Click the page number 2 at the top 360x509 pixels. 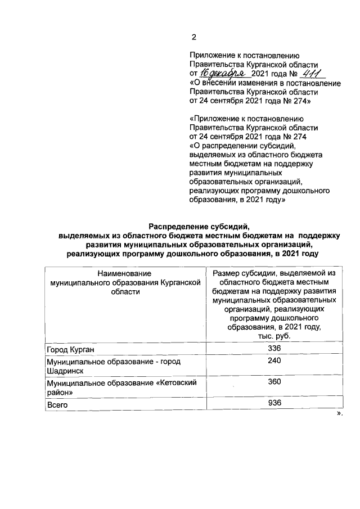pos(193,38)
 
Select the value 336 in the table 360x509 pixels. pos(274,349)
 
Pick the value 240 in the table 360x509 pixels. pos(274,362)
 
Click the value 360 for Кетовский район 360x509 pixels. pos(274,382)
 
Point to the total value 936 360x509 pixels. pos(274,403)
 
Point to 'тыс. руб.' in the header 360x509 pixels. pos(274,336)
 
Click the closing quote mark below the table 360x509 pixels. pos(339,413)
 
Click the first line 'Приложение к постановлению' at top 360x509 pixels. pos(246,56)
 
